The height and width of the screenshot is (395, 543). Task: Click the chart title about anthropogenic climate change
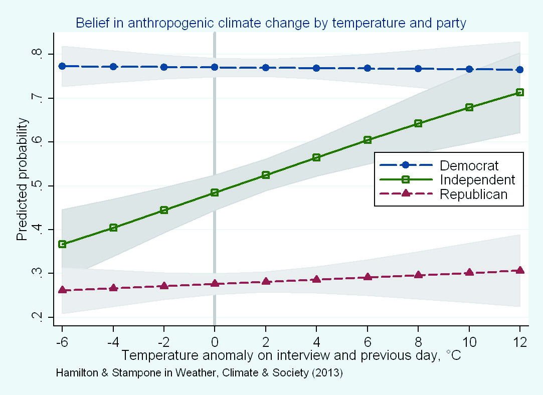(271, 23)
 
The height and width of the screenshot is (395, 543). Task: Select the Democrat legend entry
(469, 165)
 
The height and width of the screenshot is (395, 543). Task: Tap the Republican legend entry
(474, 194)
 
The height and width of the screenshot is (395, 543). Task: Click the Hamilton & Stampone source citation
(199, 373)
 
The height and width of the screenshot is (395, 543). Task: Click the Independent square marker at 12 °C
(520, 92)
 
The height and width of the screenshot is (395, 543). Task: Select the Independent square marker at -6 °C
(62, 244)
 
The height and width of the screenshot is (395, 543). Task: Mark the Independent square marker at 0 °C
(215, 192)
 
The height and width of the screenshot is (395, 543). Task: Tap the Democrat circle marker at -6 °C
(62, 66)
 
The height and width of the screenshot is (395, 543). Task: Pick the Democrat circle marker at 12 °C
(520, 70)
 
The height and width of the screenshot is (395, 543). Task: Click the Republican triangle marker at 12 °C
(520, 270)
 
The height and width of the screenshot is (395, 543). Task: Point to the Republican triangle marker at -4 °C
(113, 288)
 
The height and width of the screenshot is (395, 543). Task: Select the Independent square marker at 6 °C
(368, 140)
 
